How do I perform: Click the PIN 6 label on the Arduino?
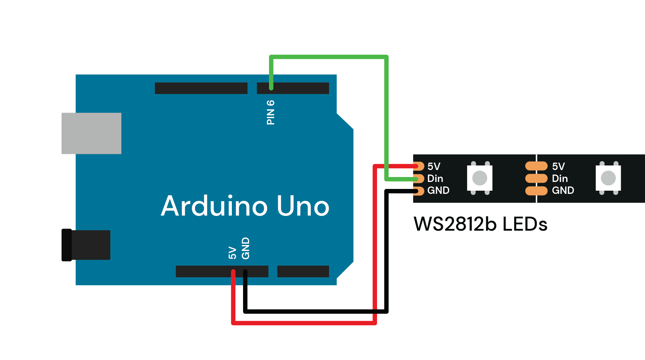[x=270, y=112]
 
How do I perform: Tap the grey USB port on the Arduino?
[x=91, y=133]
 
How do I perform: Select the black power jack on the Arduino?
[x=86, y=245]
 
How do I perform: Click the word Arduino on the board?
[x=214, y=206]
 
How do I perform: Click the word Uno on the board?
[x=303, y=206]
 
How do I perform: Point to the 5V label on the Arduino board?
[x=232, y=252]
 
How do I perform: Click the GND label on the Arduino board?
[x=246, y=248]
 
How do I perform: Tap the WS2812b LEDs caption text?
[x=480, y=224]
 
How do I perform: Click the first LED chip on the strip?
[x=479, y=178]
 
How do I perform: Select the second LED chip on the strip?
[x=608, y=178]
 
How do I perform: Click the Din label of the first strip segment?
[x=435, y=178]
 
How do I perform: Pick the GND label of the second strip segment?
[x=563, y=190]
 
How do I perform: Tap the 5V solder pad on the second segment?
[x=536, y=166]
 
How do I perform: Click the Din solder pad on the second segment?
[x=536, y=178]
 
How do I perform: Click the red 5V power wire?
[x=304, y=323]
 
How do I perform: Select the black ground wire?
[x=316, y=311]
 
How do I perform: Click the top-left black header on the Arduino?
[x=201, y=88]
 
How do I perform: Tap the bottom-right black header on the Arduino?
[x=303, y=271]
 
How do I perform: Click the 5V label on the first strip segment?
[x=434, y=166]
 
